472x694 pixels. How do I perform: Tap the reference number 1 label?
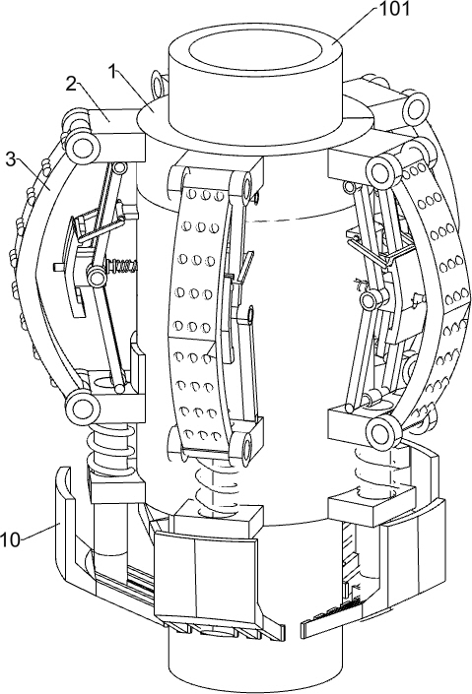(x=113, y=70)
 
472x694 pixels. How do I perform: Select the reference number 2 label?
(x=71, y=84)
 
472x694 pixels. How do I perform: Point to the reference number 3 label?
(x=11, y=159)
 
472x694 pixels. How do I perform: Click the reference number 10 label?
(x=11, y=539)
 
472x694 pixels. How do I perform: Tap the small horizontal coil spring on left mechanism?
(x=122, y=267)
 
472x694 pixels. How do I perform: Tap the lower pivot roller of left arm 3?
(x=82, y=407)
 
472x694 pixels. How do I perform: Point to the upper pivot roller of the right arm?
(x=381, y=169)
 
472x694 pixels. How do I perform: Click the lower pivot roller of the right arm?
(x=381, y=430)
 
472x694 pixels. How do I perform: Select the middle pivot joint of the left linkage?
(x=97, y=277)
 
